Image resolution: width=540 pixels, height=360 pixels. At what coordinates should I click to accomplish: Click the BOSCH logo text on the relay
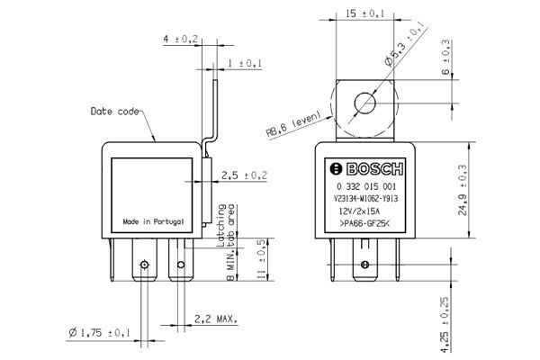(x=374, y=169)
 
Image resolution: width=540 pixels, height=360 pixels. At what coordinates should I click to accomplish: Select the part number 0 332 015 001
(x=366, y=186)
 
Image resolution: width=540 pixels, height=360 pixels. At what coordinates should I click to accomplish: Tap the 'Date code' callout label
(x=114, y=112)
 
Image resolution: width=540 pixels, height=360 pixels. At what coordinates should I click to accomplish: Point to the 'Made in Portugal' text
(x=153, y=221)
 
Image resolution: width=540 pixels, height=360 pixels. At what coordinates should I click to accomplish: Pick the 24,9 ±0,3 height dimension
(x=463, y=190)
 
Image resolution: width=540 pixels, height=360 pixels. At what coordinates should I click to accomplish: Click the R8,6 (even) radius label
(x=293, y=124)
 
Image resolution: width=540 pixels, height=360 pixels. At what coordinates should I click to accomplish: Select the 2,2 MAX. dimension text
(x=216, y=319)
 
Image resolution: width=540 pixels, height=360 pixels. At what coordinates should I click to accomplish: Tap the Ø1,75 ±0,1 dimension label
(x=99, y=332)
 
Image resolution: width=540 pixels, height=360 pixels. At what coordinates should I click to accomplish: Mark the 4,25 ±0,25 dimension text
(x=445, y=325)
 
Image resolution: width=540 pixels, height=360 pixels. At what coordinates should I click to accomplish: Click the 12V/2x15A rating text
(x=359, y=211)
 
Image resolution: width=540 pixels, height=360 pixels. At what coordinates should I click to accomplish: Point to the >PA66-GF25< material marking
(x=364, y=223)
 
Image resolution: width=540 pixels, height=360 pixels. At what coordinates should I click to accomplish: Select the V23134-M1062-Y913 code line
(x=365, y=199)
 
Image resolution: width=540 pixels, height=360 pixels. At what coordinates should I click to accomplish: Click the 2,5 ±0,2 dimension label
(x=244, y=175)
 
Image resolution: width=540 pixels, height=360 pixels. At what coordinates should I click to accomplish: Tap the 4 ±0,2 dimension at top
(x=181, y=39)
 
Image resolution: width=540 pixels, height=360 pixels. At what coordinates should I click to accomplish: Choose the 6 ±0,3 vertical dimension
(x=445, y=58)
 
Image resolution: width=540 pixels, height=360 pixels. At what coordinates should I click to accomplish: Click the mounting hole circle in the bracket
(x=364, y=103)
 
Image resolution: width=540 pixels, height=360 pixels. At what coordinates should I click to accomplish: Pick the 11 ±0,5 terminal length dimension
(x=261, y=259)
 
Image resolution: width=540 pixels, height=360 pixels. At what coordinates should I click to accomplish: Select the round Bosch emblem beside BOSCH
(x=336, y=169)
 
